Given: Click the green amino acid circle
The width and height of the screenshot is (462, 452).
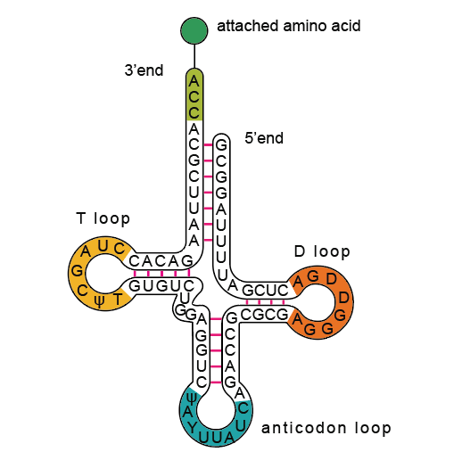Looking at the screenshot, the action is (194, 30).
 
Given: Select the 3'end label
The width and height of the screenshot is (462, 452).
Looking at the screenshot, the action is (144, 70).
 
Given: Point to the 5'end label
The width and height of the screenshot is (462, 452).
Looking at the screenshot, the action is (264, 138).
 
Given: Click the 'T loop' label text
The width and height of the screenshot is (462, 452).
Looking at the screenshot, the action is (103, 218).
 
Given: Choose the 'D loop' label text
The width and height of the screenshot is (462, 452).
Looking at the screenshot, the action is (322, 251).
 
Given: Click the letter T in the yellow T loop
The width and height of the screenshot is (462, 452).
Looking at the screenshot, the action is (118, 299).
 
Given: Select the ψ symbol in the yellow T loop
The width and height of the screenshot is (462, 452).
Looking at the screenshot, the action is (99, 302).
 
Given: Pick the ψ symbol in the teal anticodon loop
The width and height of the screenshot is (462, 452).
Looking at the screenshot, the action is (192, 399).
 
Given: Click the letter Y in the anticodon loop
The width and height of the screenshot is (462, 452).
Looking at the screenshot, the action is (193, 427).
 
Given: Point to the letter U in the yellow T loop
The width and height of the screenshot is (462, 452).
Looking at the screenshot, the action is (103, 246).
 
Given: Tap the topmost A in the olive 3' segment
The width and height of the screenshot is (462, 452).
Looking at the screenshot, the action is (194, 81).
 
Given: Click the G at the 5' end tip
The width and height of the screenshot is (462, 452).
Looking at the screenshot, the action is (221, 145).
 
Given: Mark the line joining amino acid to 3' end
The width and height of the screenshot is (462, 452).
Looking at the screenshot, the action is (194, 56).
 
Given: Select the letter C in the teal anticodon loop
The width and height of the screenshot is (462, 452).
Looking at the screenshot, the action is (243, 408).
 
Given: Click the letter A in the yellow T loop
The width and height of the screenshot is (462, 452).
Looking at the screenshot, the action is (86, 251).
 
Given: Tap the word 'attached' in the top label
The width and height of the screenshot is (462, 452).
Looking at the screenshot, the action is (248, 26).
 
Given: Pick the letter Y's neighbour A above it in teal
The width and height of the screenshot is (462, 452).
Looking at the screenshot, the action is (187, 412).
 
